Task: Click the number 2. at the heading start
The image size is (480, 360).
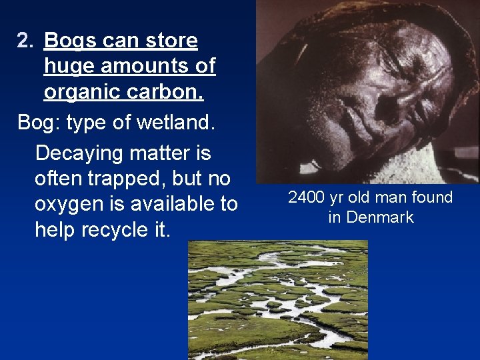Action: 25,41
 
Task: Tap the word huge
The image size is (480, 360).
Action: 67,67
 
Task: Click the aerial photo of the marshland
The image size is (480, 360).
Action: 277,300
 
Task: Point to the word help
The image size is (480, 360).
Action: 55,230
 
